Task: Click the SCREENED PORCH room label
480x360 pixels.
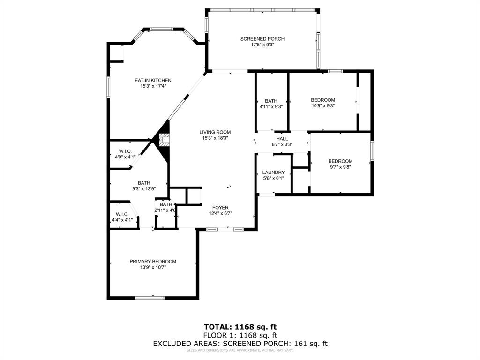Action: pyautogui.click(x=262, y=39)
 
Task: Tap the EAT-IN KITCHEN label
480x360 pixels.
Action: pyautogui.click(x=153, y=80)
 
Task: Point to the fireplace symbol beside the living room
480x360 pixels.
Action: pyautogui.click(x=164, y=140)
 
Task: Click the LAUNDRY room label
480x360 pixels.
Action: pyautogui.click(x=273, y=172)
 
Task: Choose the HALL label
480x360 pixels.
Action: pyautogui.click(x=282, y=139)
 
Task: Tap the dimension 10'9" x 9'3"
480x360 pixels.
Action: pyautogui.click(x=323, y=106)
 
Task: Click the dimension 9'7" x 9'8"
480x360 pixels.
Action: pyautogui.click(x=340, y=167)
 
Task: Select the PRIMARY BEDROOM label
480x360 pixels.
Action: pyautogui.click(x=153, y=262)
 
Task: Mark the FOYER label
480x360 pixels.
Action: pyautogui.click(x=220, y=207)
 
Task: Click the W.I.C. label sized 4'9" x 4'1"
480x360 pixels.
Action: pyautogui.click(x=125, y=151)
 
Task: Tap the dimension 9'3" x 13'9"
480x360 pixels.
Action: pyautogui.click(x=143, y=189)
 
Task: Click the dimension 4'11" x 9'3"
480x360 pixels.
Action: pyautogui.click(x=271, y=107)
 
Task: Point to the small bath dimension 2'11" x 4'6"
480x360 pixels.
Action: pyautogui.click(x=165, y=210)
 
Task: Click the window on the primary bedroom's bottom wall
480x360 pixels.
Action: pyautogui.click(x=150, y=297)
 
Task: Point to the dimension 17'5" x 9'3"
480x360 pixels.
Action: pyautogui.click(x=262, y=45)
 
